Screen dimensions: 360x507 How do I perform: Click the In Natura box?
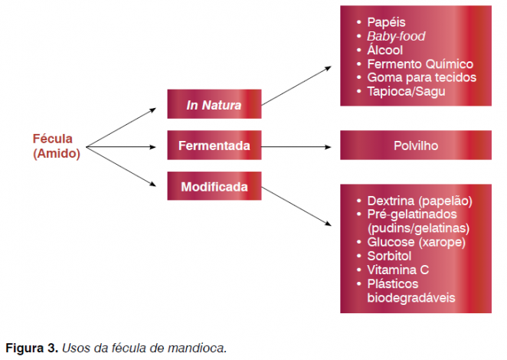point(214,104)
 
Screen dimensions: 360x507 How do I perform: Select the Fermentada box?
point(214,145)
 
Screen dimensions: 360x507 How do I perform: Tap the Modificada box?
point(214,186)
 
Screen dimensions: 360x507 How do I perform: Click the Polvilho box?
point(414,145)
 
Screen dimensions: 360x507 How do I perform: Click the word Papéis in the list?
point(387,23)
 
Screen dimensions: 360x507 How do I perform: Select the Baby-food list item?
point(396,37)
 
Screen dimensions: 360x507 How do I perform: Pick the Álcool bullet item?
point(384,51)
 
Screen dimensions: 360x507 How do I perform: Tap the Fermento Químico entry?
point(420,64)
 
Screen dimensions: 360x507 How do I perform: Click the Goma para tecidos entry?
point(421,78)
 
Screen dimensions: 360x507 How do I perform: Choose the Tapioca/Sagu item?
point(406,92)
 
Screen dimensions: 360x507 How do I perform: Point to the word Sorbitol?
point(389,256)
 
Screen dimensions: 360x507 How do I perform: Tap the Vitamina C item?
point(397,270)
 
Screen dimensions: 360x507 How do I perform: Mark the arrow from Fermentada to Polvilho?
point(297,146)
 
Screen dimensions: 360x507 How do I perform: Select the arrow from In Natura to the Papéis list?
point(297,84)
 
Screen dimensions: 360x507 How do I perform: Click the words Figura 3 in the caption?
point(31,348)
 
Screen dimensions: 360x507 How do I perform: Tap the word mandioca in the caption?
point(201,348)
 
